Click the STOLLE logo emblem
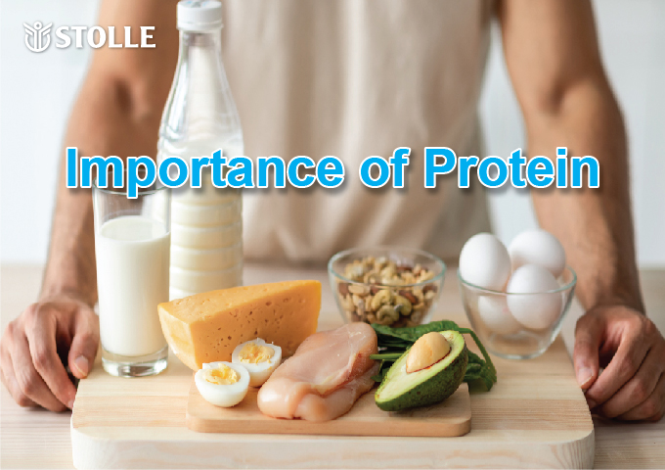click(x=37, y=36)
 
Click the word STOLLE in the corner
click(x=106, y=36)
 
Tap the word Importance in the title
click(x=204, y=168)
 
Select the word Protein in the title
click(x=511, y=167)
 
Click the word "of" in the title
click(x=384, y=167)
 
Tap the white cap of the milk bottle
click(x=199, y=15)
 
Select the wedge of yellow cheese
click(x=240, y=320)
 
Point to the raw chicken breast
click(x=318, y=371)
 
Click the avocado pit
click(x=427, y=352)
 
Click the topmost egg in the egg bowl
click(x=537, y=252)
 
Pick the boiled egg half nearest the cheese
click(x=257, y=361)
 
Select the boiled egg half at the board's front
click(x=222, y=384)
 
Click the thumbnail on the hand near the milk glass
click(x=80, y=365)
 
